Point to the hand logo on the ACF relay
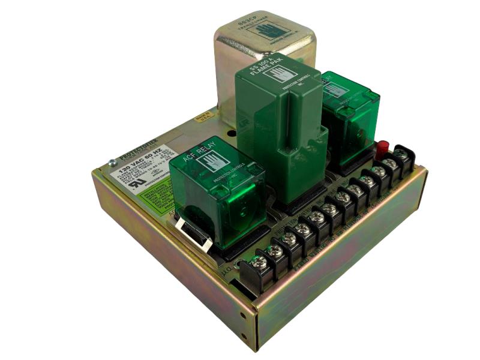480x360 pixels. tap(214, 161)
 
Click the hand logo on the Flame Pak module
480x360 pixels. tap(287, 74)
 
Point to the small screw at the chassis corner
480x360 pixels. tap(112, 162)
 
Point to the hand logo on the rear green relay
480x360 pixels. tap(335, 90)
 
